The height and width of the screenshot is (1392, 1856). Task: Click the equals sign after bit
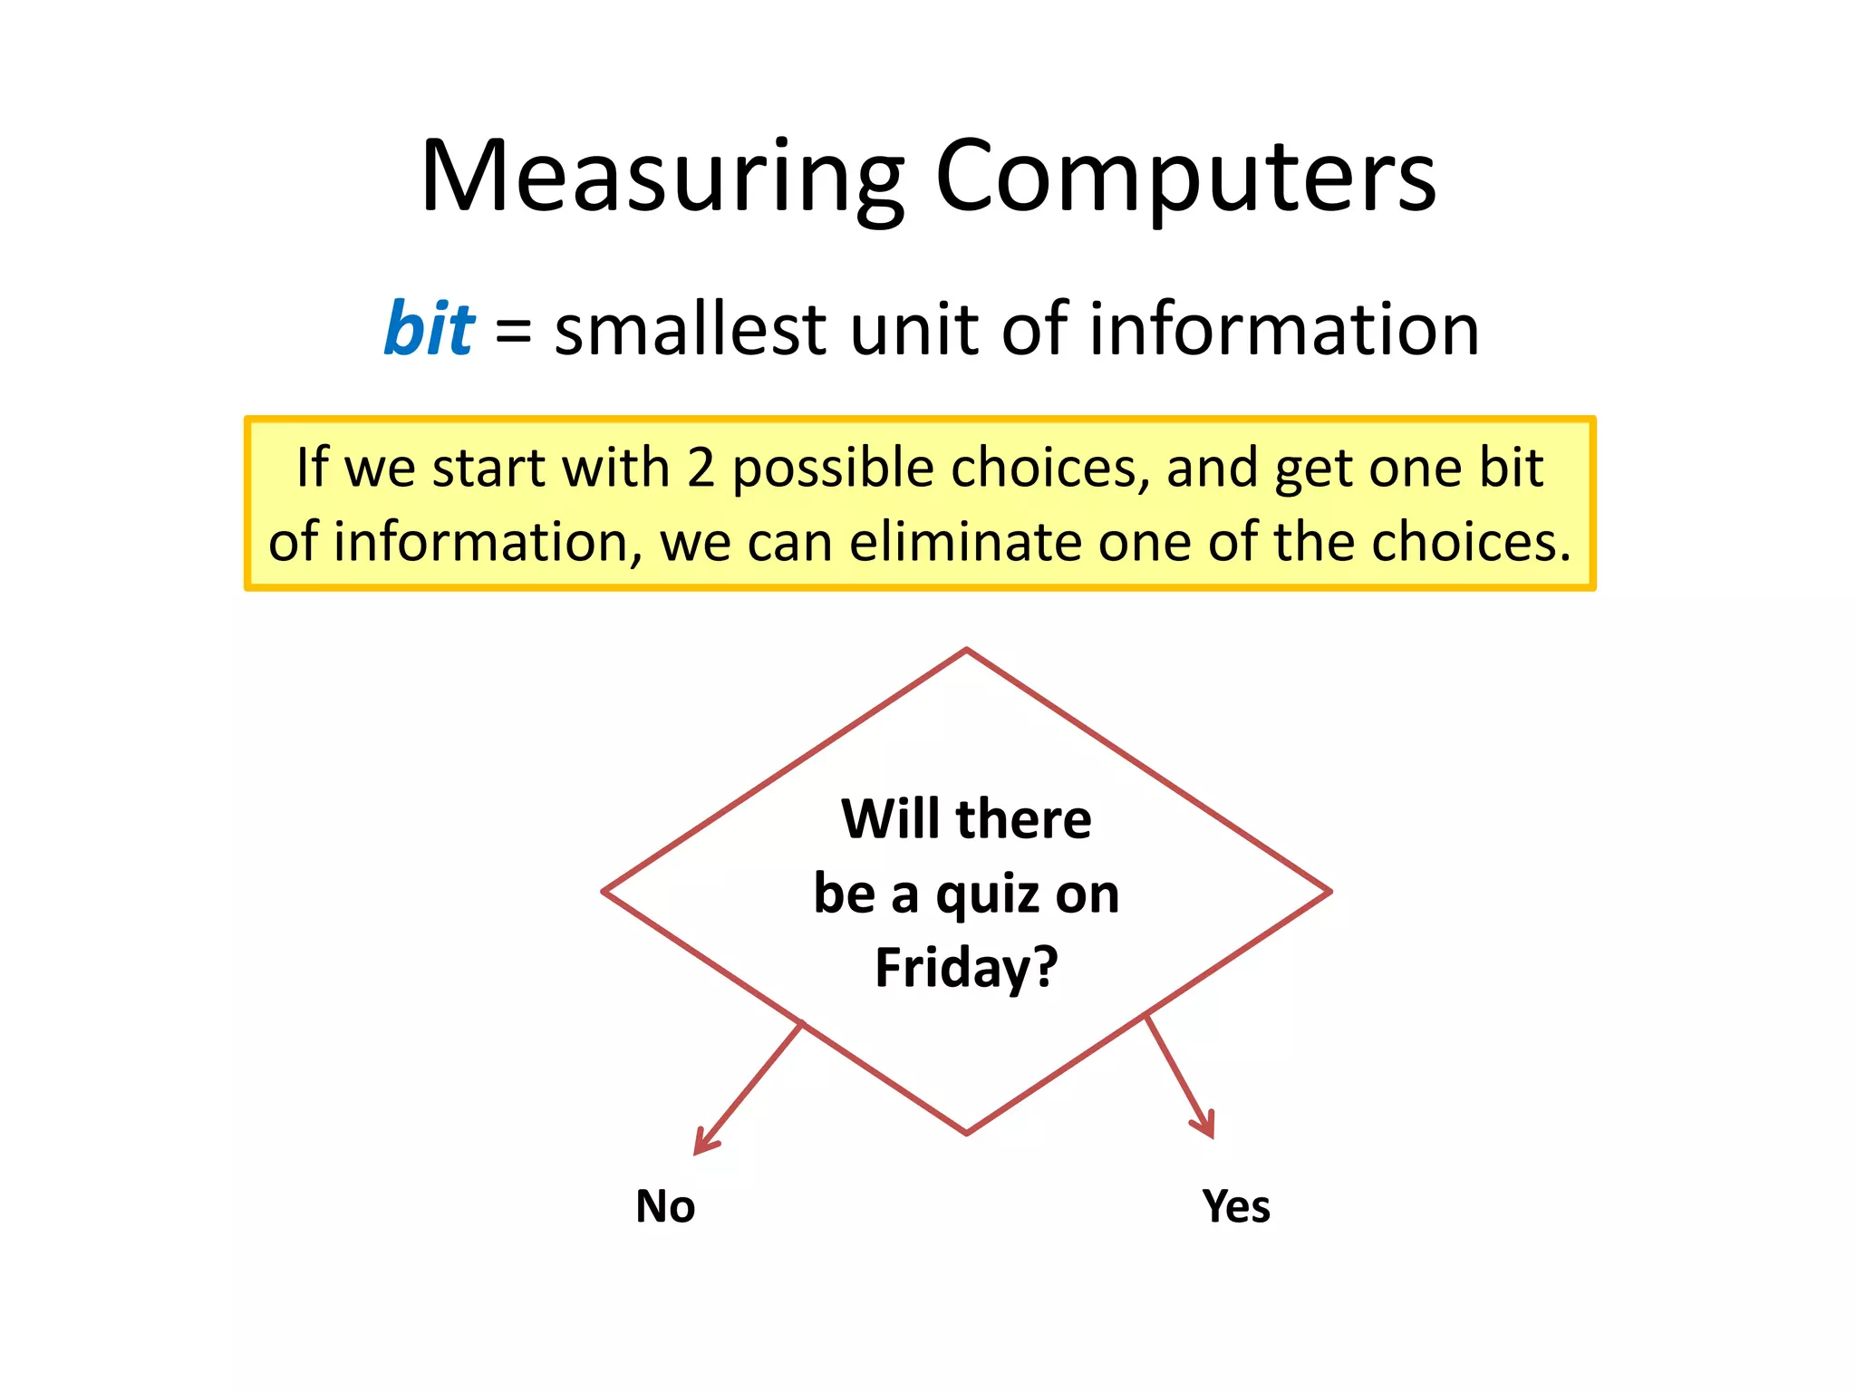pyautogui.click(x=513, y=330)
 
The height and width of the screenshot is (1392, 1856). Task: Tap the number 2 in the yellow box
pyautogui.click(x=701, y=469)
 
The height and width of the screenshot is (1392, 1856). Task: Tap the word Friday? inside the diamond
pyautogui.click(x=966, y=968)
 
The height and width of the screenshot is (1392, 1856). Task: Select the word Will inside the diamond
pyautogui.click(x=890, y=819)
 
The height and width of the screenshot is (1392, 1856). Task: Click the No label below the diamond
pyautogui.click(x=665, y=1206)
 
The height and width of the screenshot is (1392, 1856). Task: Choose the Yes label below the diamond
pyautogui.click(x=1236, y=1206)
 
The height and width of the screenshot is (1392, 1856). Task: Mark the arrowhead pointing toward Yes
pyautogui.click(x=1206, y=1126)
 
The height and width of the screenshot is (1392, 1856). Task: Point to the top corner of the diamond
pyautogui.click(x=967, y=650)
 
